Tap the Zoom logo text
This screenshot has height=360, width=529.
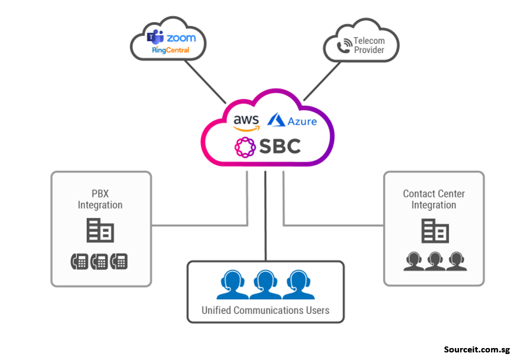click(x=180, y=38)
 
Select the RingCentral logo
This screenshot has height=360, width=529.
click(x=170, y=50)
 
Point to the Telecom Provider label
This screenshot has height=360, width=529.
click(x=369, y=46)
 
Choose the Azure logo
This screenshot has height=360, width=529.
click(x=293, y=120)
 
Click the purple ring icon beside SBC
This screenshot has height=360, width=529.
click(x=244, y=147)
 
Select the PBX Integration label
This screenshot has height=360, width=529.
click(x=100, y=200)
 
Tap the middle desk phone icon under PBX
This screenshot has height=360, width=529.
click(x=99, y=262)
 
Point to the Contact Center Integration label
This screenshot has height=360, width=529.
click(x=434, y=200)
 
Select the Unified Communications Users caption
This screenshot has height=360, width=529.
click(x=265, y=311)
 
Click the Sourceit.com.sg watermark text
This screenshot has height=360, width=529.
click(x=476, y=350)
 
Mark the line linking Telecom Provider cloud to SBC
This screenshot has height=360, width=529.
click(x=322, y=81)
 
